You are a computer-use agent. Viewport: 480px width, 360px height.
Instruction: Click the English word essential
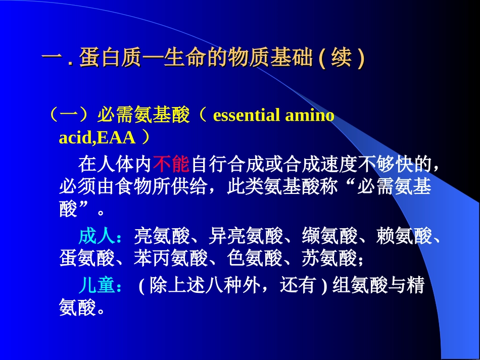point(247,116)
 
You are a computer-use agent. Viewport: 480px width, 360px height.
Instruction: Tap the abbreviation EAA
point(118,137)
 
